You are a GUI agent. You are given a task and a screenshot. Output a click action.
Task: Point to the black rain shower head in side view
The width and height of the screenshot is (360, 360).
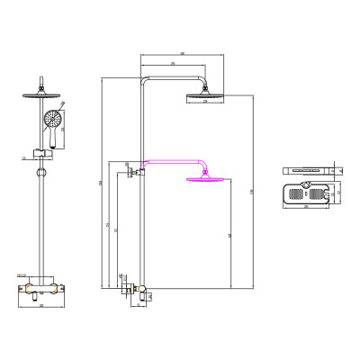[x=206, y=96]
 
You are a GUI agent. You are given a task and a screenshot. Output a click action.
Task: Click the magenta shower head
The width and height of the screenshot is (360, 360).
[x=206, y=181]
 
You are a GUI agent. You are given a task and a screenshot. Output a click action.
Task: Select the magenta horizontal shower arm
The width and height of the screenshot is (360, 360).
[x=171, y=163]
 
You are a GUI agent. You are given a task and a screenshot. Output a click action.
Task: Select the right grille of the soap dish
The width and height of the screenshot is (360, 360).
[x=321, y=193]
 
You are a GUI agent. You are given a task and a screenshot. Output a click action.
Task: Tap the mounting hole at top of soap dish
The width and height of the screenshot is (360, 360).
[x=307, y=186]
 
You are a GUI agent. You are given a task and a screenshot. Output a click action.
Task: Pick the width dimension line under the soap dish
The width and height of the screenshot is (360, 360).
[x=307, y=207]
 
